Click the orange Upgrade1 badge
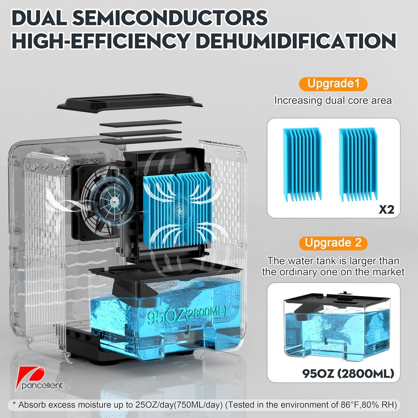[x=333, y=84]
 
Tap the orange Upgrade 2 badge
[x=333, y=243]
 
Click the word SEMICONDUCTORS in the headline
[x=170, y=18]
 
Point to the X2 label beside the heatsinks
[x=386, y=210]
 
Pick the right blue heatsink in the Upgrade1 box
[x=358, y=164]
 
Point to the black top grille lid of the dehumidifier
[x=130, y=103]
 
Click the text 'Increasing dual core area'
[x=333, y=100]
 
